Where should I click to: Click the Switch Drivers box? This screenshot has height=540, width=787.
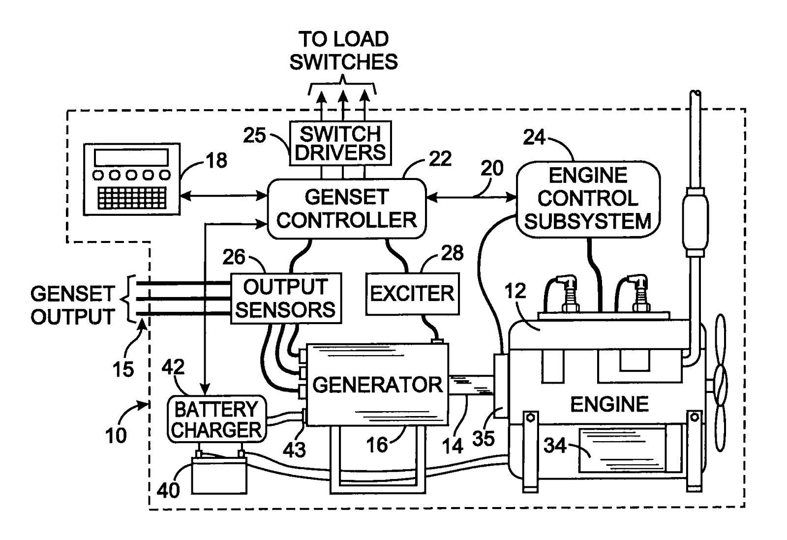point(340,143)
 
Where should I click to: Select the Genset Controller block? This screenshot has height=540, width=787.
point(346,209)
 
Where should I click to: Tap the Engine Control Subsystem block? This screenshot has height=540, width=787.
point(588,199)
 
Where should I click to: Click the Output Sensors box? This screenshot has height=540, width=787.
point(286,299)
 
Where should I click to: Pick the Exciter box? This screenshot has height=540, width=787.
point(412,294)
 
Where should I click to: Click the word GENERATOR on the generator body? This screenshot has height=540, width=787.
point(377,385)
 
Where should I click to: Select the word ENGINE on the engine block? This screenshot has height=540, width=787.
point(609,404)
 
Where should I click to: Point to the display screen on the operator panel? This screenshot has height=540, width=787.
point(131,157)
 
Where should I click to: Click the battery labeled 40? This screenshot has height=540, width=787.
point(218,475)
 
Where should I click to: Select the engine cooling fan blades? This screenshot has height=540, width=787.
point(720,384)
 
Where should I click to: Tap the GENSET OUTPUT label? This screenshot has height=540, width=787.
point(73,305)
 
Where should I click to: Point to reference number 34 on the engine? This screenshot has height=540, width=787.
point(555,446)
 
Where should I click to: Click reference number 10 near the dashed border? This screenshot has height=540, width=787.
point(116,435)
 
